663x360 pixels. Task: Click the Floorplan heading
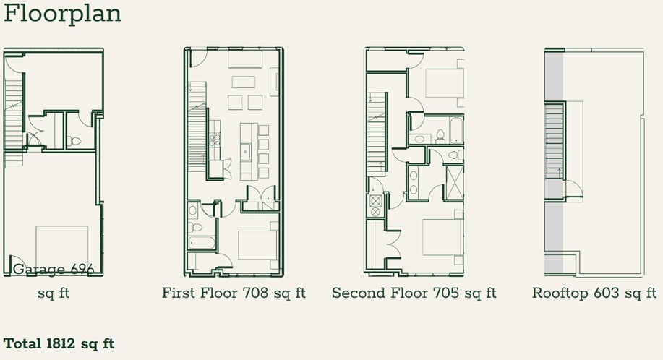(x=62, y=14)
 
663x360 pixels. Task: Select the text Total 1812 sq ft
(x=59, y=343)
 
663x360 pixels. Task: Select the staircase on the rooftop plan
(x=554, y=141)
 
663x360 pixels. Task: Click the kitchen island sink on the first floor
(x=246, y=152)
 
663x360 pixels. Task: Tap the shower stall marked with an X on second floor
(x=454, y=182)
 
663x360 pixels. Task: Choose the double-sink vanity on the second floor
(x=413, y=182)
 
